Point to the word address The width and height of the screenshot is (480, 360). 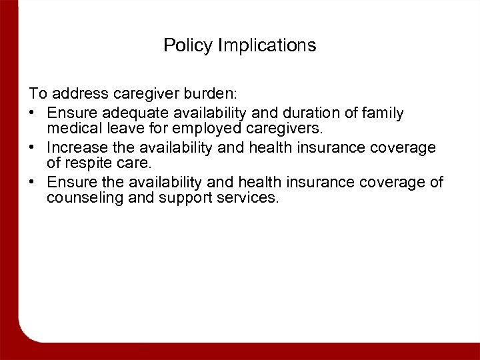point(74,97)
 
